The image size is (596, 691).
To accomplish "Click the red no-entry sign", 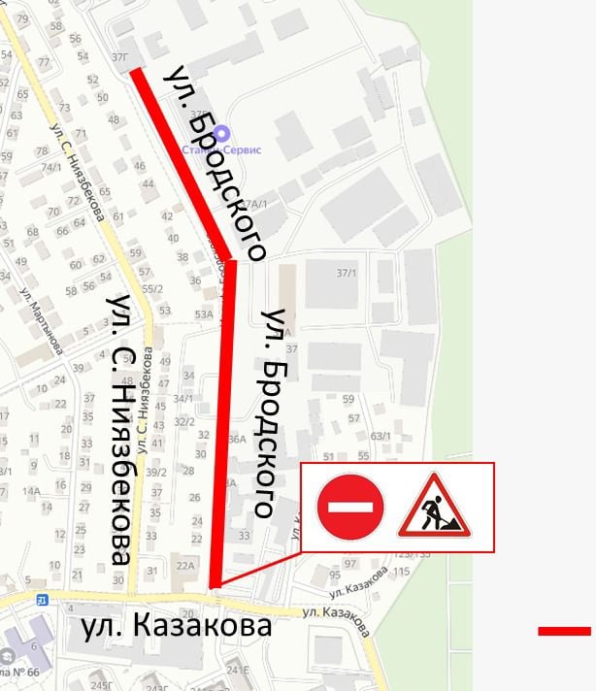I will pos(349,506).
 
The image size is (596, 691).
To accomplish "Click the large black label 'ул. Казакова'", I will pos(176,627).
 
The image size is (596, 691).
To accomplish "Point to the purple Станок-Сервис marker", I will pos(222,133).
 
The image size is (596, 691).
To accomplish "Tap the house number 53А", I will pos(203,313).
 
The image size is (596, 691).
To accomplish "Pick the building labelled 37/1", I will pos(346,273).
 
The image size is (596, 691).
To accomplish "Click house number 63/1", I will pos(380,436).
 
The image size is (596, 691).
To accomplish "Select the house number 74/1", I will pos(50,167).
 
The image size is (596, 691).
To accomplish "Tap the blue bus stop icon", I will pos(42,600).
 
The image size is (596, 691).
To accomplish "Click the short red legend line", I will pos(564,631).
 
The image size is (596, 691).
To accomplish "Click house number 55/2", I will pos(150,288).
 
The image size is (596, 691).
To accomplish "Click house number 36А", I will pos(237,439).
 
